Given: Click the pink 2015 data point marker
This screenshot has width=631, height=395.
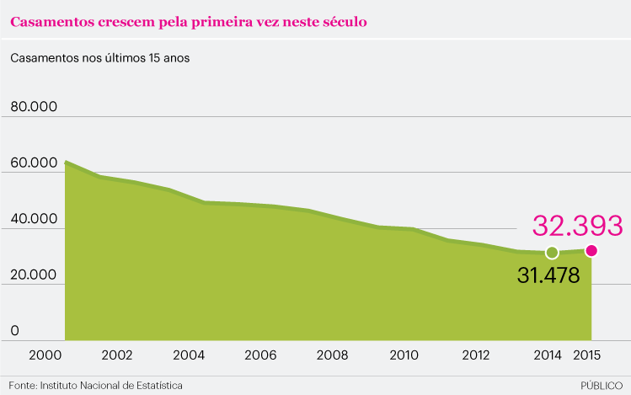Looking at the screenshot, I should pos(591,250).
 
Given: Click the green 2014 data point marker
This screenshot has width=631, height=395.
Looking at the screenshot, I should pos(552,253).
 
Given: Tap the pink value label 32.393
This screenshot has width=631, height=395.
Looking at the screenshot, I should pos(577,226).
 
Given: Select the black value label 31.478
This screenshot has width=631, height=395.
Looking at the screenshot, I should pos(548,275).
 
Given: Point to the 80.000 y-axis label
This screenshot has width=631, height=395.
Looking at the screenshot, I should pos(33,107).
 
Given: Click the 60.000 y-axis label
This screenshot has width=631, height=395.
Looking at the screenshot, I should pos(33,163).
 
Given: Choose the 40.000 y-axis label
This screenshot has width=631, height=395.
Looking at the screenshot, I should pos(33,219).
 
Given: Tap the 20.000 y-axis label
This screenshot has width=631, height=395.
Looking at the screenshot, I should pos(33,275).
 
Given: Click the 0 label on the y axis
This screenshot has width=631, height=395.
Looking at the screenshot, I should pos(14,332).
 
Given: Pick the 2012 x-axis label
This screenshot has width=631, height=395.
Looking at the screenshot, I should pos(476,355).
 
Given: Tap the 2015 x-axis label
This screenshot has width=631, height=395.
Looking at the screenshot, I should pos(586,355).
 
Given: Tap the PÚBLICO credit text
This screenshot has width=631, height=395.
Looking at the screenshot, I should pos(601,385).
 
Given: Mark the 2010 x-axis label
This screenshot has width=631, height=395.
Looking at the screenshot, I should pos(404,355).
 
